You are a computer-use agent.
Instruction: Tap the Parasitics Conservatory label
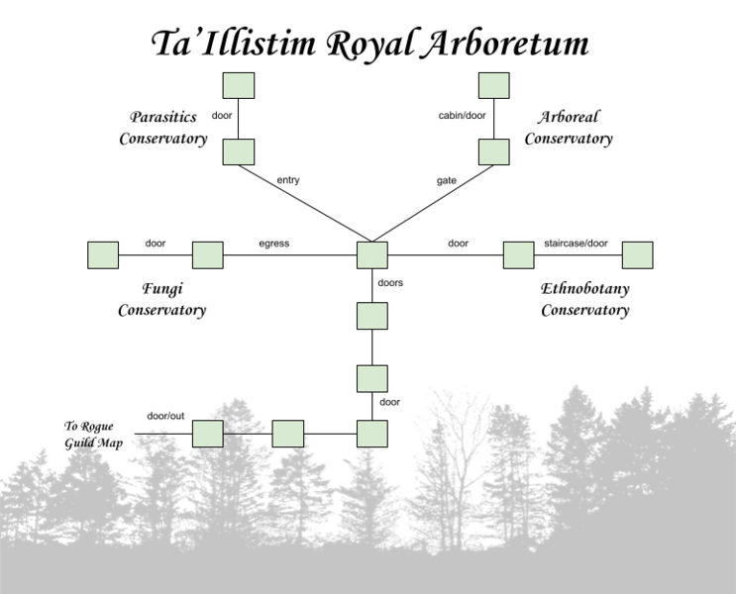point(163,129)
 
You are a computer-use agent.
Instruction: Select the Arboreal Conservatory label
point(569,129)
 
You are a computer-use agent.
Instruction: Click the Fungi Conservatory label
point(161,299)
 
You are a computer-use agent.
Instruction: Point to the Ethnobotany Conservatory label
point(584,299)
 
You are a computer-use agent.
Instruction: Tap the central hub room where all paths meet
point(371,254)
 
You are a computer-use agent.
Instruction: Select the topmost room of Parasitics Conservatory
point(239,86)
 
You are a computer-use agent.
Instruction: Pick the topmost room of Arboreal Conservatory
point(493,86)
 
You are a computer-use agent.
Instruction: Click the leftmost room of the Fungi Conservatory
point(103,254)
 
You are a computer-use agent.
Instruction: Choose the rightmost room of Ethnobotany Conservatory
point(637,254)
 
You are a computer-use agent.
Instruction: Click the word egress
point(274,244)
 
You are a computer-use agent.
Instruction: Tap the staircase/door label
point(577,244)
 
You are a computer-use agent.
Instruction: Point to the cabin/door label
point(462,116)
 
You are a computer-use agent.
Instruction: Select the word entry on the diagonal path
point(288,180)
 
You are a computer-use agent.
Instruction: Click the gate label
point(446,180)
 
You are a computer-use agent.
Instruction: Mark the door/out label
point(165,416)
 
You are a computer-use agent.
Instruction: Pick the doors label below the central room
point(390,283)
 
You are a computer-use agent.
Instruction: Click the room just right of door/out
point(207,434)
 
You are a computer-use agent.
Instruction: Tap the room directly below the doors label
point(371,316)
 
